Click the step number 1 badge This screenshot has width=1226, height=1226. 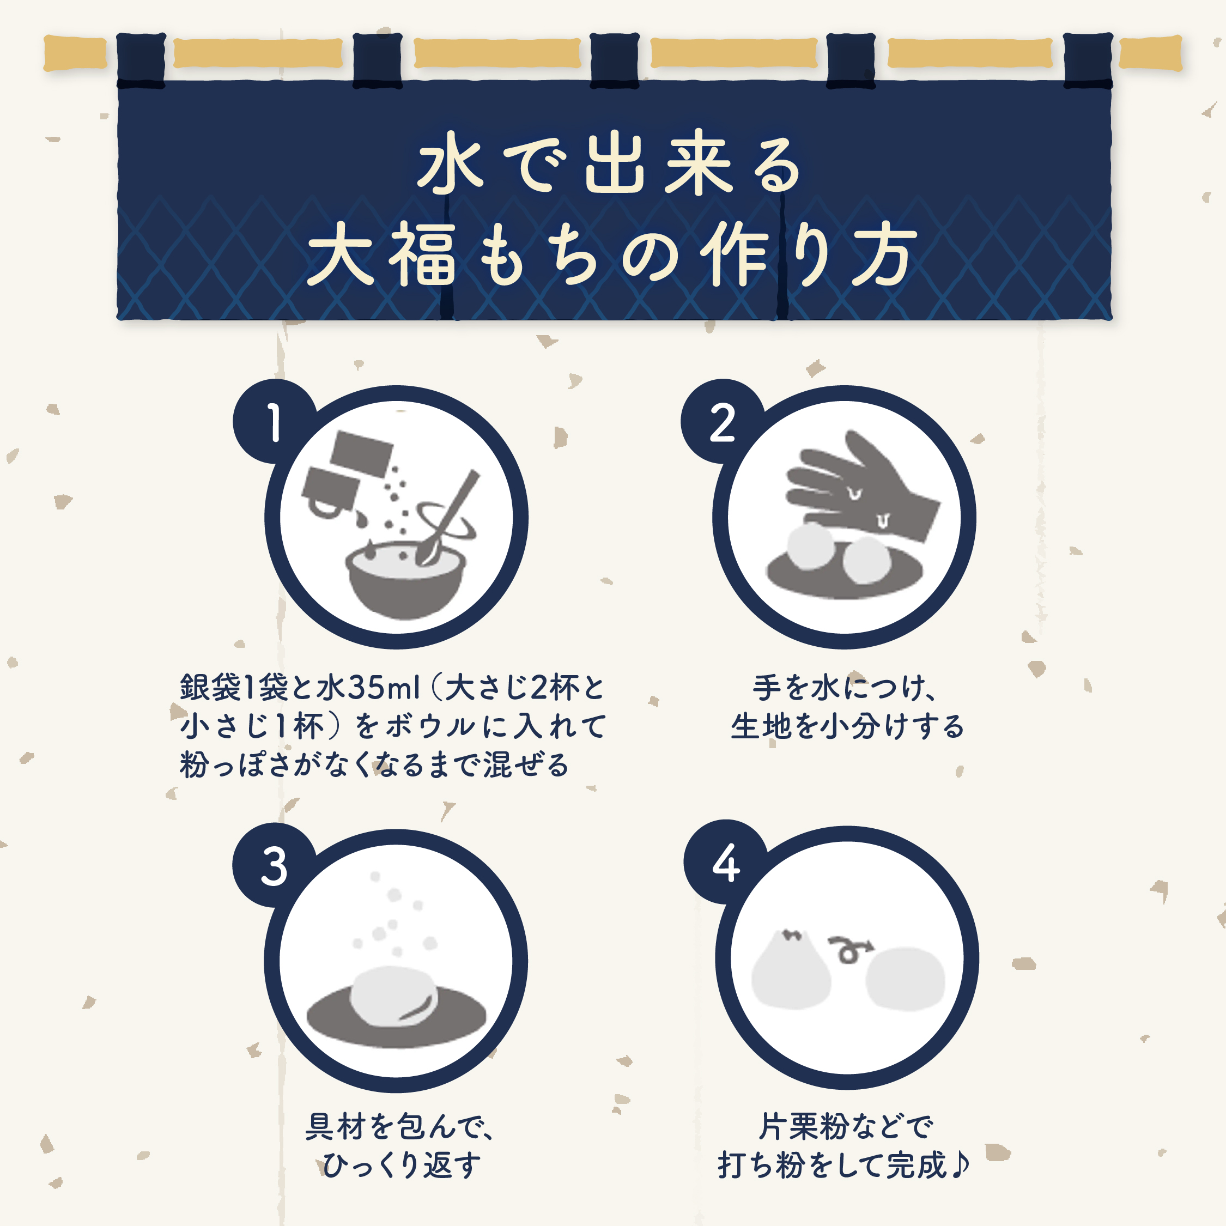coord(274,422)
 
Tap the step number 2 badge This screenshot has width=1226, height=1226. coord(722,422)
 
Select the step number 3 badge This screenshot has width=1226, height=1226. coord(274,866)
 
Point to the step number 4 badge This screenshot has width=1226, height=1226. coord(725,863)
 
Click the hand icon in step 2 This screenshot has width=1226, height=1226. coord(857,489)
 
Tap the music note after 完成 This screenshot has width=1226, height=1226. coord(960,1164)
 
